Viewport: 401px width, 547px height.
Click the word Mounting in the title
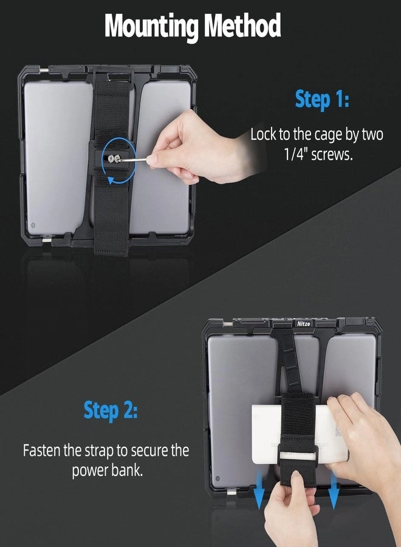[x=151, y=27]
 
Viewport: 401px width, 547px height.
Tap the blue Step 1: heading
[x=322, y=98]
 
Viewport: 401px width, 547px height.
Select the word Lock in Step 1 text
[x=265, y=135]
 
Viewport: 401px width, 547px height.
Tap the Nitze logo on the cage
[x=303, y=324]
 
